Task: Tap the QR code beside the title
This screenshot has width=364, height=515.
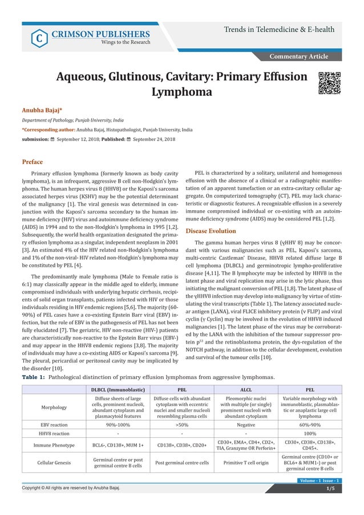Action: pyautogui.click(x=329, y=83)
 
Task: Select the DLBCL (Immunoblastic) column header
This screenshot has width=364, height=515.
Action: pyautogui.click(x=118, y=389)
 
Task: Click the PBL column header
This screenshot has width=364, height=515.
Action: pyautogui.click(x=183, y=389)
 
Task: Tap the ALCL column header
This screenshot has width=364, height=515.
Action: pyautogui.click(x=246, y=389)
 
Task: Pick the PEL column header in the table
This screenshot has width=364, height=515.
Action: pyautogui.click(x=310, y=389)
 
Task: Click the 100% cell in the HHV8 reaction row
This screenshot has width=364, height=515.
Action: pyautogui.click(x=310, y=433)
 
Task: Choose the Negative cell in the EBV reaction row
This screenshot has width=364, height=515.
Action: pyautogui.click(x=246, y=425)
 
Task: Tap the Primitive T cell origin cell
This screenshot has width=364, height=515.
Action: pyautogui.click(x=246, y=464)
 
